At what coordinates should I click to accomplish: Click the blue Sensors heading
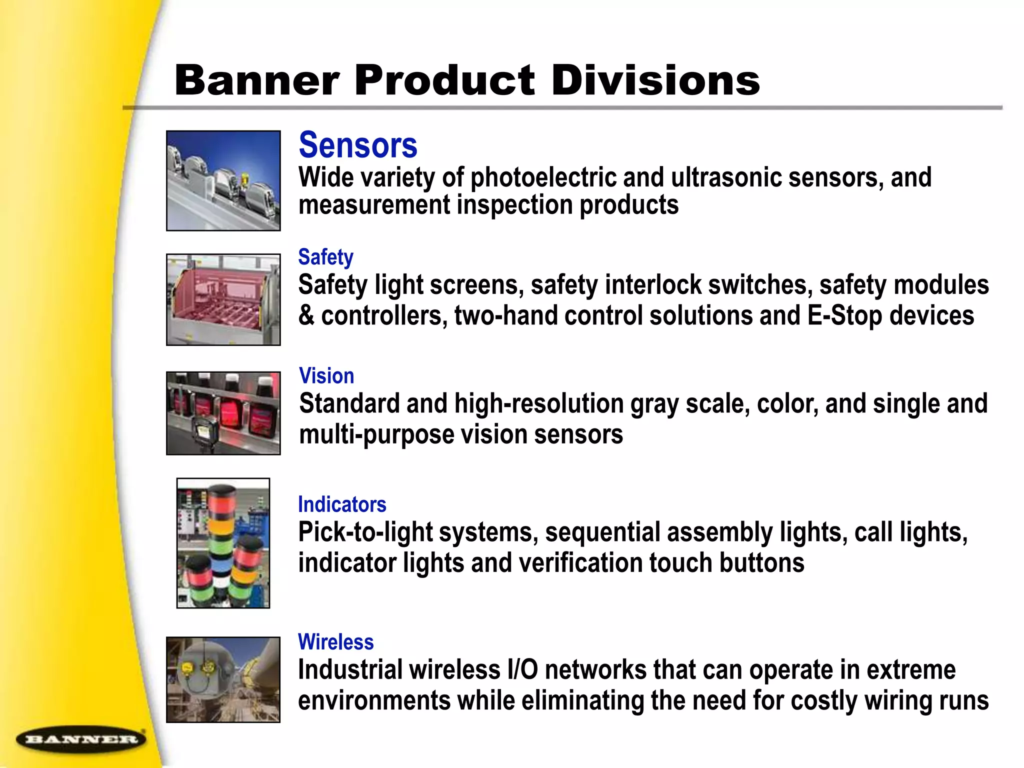tap(358, 145)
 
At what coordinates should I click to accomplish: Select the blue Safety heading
tap(325, 257)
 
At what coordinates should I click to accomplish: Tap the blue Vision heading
tap(326, 376)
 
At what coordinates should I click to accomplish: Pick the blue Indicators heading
tap(342, 504)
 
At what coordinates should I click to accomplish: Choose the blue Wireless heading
tap(335, 642)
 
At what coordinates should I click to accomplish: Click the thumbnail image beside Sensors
tap(223, 180)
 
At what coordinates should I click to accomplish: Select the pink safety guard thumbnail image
tap(223, 299)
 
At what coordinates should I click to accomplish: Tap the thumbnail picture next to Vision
tap(223, 413)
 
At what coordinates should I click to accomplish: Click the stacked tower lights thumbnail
tap(223, 543)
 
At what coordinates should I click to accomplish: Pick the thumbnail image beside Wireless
tap(223, 679)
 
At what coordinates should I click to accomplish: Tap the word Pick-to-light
tap(365, 532)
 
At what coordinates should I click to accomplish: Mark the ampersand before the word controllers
tap(306, 316)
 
